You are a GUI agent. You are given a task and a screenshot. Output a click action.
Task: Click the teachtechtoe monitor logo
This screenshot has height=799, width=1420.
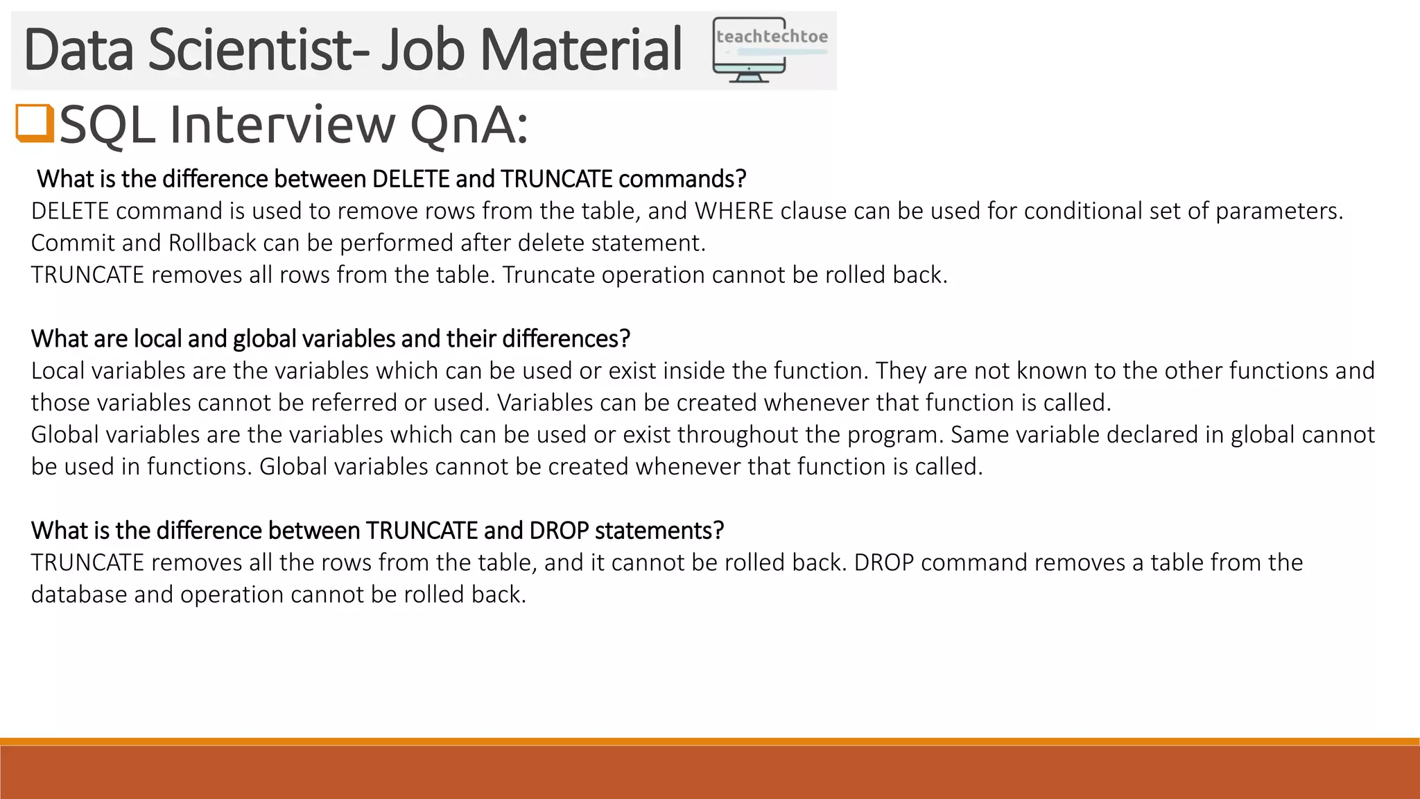770,50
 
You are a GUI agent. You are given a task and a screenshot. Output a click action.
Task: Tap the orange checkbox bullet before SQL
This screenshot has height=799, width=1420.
35,123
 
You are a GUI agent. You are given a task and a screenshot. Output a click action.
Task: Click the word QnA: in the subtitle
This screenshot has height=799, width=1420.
469,126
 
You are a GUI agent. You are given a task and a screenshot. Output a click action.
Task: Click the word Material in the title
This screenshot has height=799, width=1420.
581,49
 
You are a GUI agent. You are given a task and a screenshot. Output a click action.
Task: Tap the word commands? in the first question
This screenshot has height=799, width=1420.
682,179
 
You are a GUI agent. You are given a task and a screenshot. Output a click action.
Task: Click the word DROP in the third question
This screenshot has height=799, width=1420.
559,531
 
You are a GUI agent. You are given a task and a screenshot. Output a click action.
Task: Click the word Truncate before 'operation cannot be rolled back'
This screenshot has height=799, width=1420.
548,275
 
